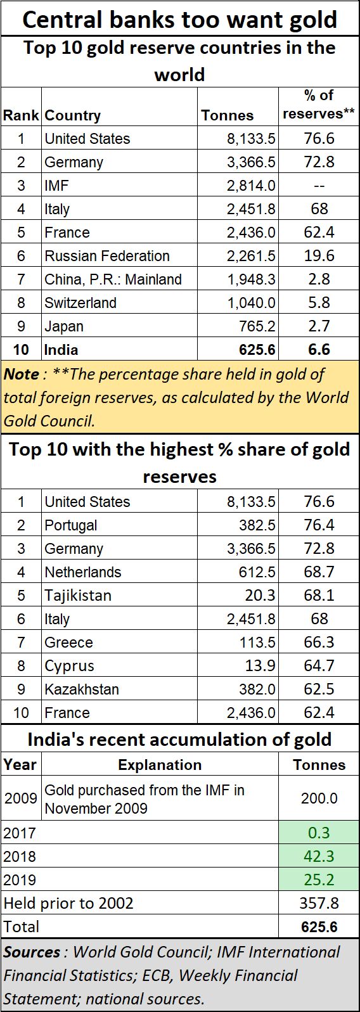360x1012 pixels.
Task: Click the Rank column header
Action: [21, 115]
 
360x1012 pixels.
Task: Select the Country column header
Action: [72, 116]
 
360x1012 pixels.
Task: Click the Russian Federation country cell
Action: [107, 256]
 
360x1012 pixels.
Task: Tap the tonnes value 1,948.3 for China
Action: [251, 279]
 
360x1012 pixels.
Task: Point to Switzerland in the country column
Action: [80, 303]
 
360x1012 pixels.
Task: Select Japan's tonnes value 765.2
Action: [257, 326]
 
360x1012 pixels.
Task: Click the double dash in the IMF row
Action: [319, 186]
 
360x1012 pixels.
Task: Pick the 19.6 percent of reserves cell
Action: [319, 256]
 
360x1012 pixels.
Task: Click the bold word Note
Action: [21, 374]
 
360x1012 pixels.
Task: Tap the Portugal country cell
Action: [71, 525]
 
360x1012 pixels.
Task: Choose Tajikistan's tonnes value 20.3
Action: [260, 595]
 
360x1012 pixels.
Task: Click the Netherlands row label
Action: [83, 572]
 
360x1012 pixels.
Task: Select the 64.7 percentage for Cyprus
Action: [319, 665]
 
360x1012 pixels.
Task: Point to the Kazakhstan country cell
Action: [82, 689]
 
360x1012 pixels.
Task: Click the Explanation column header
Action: [160, 765]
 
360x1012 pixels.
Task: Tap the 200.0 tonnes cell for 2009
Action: [319, 798]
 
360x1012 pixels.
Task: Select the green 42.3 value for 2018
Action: [319, 856]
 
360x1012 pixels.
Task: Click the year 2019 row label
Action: [20, 880]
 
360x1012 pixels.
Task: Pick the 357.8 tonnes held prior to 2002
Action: [319, 903]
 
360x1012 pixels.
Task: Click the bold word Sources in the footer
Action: [32, 952]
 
